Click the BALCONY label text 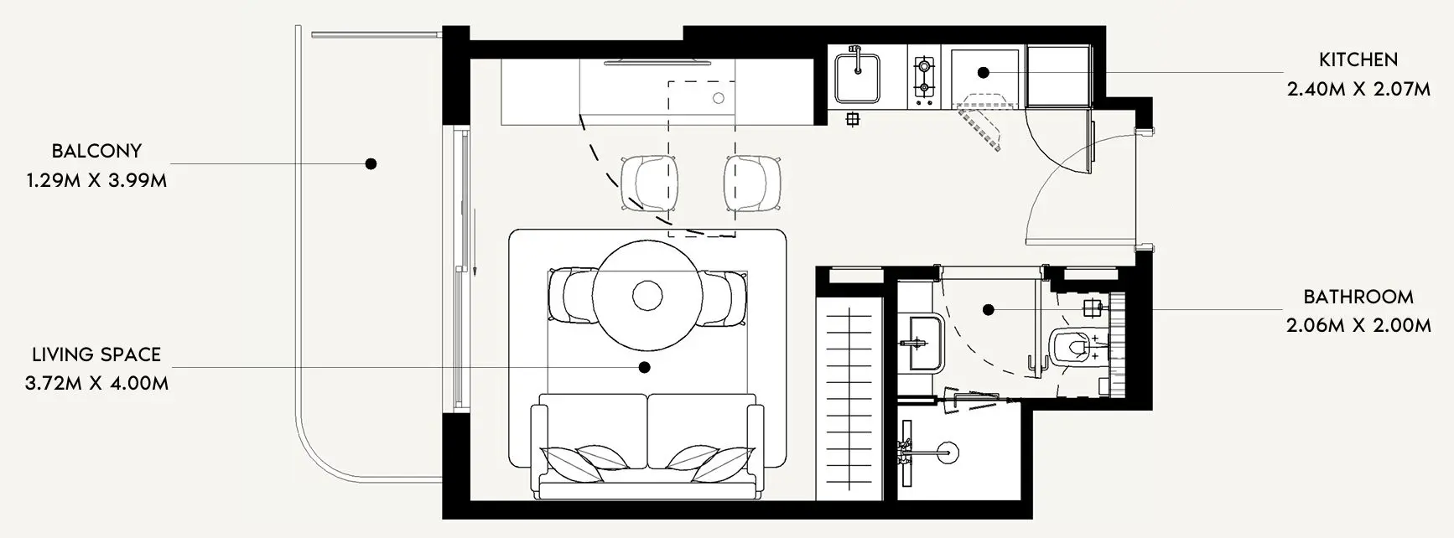pyautogui.click(x=96, y=152)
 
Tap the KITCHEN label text pyautogui.click(x=1358, y=59)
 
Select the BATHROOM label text pyautogui.click(x=1358, y=297)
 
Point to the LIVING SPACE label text pyautogui.click(x=96, y=355)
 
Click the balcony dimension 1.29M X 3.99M pyautogui.click(x=96, y=180)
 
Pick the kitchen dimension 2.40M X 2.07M pyautogui.click(x=1358, y=89)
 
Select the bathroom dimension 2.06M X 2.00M pyautogui.click(x=1358, y=325)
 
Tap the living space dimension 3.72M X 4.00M pyautogui.click(x=96, y=384)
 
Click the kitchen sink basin pyautogui.click(x=856, y=76)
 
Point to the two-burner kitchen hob pyautogui.click(x=923, y=75)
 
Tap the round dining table pyautogui.click(x=647, y=295)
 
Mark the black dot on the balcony pyautogui.click(x=371, y=163)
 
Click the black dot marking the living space pyautogui.click(x=644, y=367)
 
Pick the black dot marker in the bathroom pyautogui.click(x=989, y=310)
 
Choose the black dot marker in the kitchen pyautogui.click(x=984, y=73)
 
